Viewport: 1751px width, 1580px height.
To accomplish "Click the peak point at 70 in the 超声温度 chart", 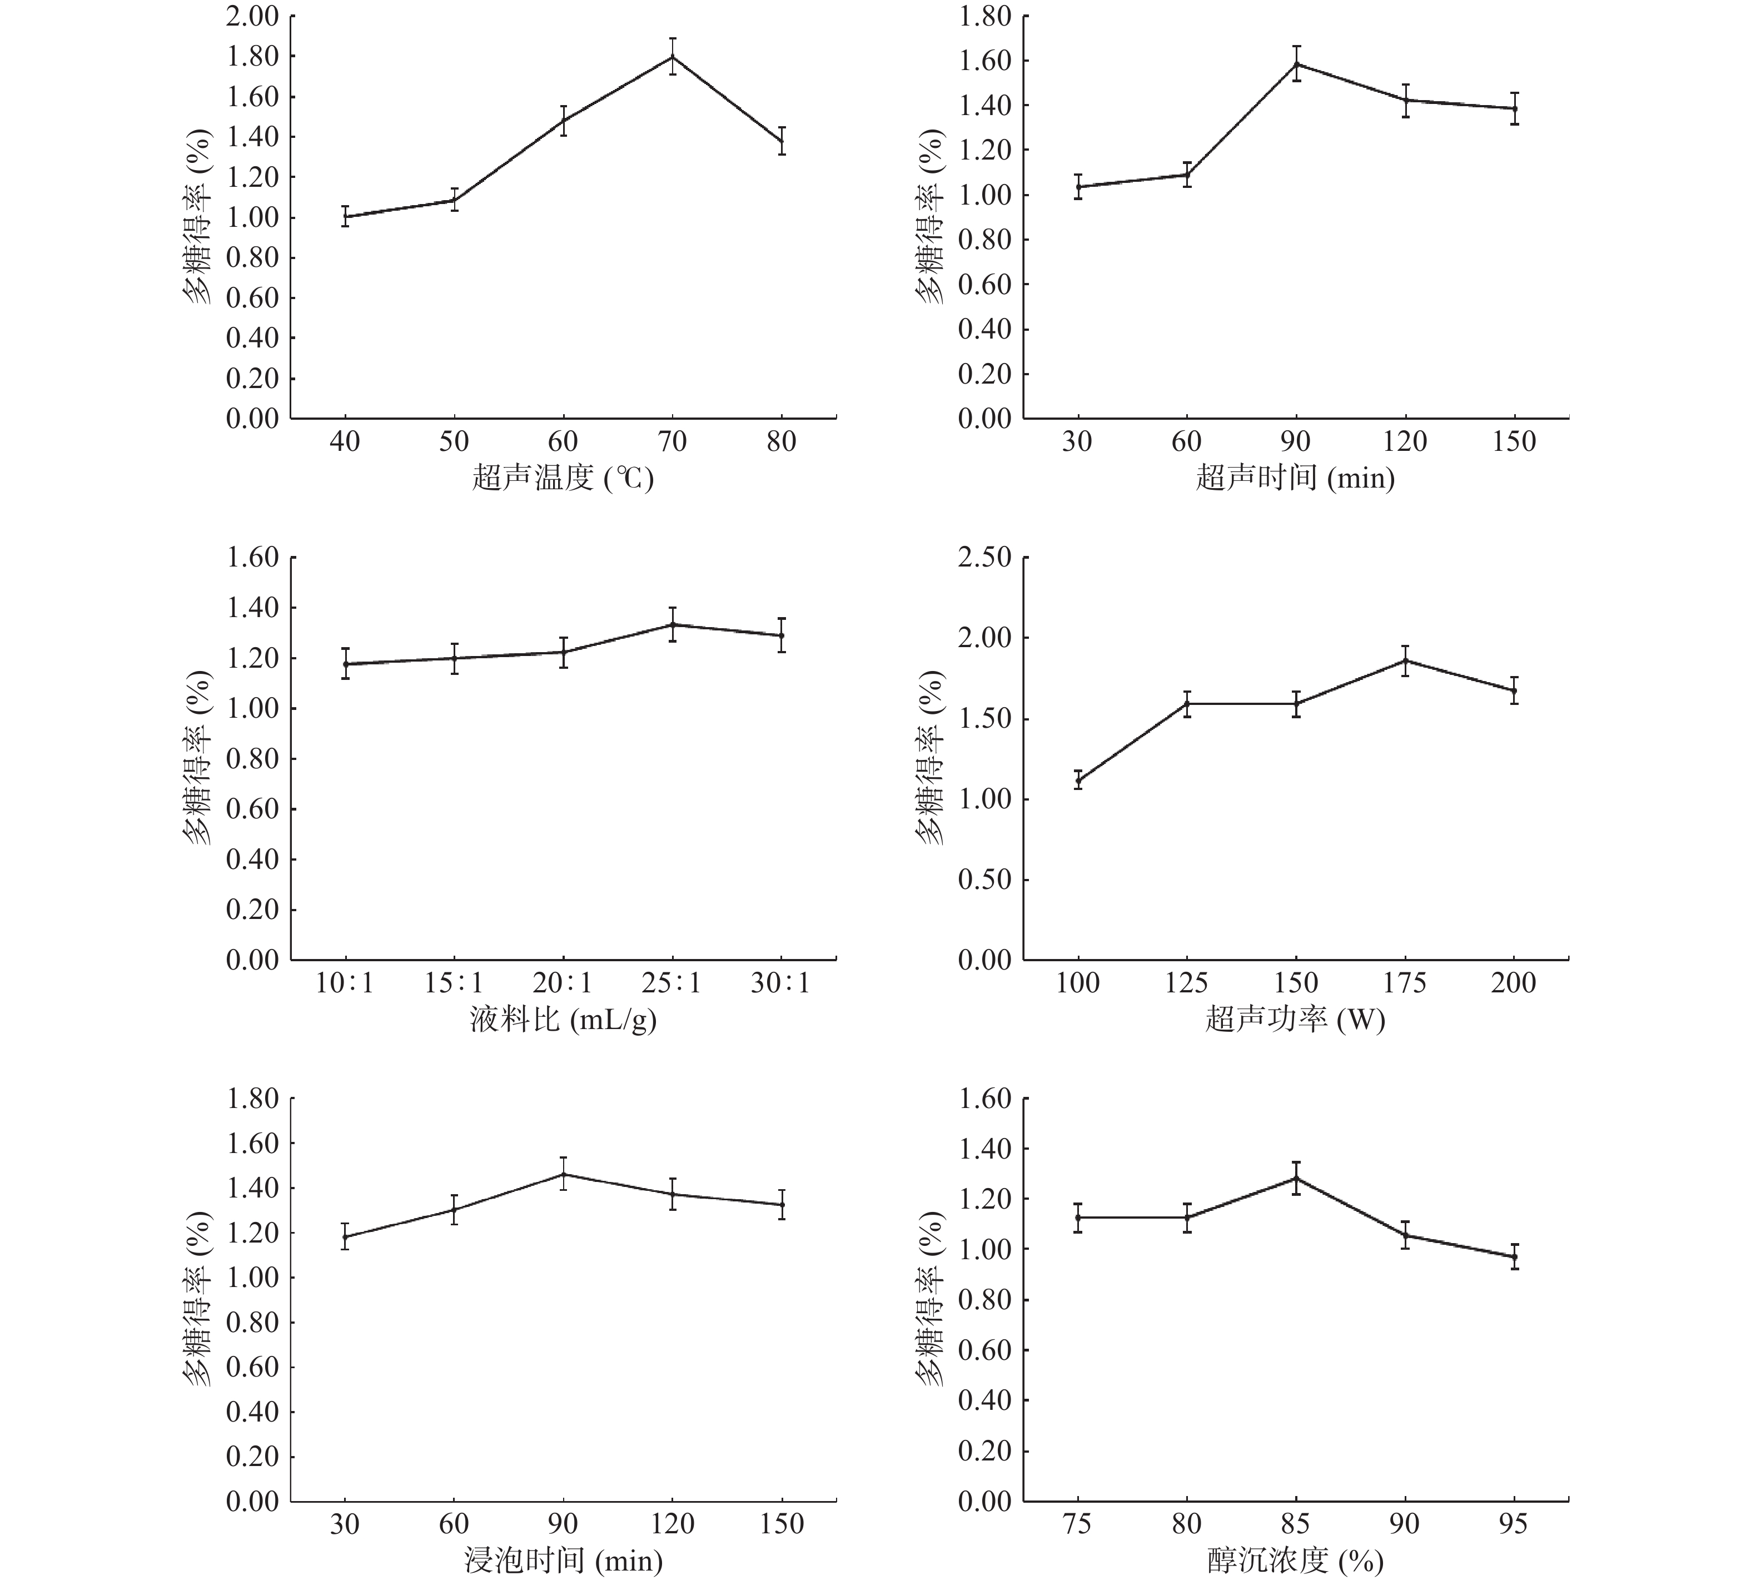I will pos(672,57).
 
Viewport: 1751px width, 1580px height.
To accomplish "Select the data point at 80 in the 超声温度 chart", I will pos(782,142).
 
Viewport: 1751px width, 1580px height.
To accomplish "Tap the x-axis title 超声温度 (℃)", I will pos(563,478).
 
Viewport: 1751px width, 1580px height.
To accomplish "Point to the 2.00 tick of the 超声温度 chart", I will pos(252,17).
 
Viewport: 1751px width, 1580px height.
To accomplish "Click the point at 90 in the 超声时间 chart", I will pos(1296,64).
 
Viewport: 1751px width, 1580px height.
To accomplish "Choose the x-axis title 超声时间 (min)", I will pos(1295,478).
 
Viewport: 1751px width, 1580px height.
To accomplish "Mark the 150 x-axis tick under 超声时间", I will pos(1514,442).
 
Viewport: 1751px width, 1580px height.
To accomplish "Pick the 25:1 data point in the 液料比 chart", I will pos(672,624).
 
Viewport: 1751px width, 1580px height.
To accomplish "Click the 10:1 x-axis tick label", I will pos(345,983).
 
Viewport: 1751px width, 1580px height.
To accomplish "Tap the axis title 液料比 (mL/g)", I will pos(563,1019).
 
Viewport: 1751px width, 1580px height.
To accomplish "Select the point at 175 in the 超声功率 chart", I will pos(1405,660).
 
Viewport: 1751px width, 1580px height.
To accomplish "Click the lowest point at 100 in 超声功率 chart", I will pos(1078,779).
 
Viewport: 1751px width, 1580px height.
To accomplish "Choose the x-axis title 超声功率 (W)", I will pos(1295,1019).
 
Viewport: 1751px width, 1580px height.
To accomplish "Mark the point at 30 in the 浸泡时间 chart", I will pos(345,1236).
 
